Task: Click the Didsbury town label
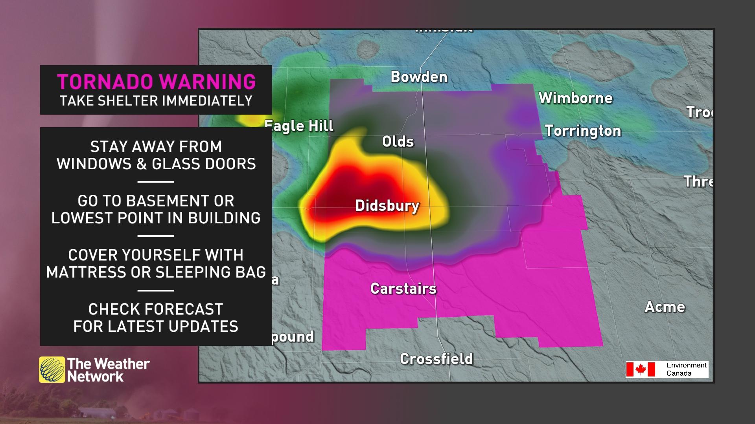387,206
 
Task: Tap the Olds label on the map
398,142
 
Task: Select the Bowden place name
419,77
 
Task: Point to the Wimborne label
575,98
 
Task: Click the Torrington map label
583,131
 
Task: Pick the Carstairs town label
403,289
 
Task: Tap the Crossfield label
436,359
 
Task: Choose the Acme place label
665,307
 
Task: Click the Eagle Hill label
300,126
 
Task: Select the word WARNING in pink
207,82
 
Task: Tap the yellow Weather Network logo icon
52,369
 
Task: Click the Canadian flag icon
641,369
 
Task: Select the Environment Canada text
686,369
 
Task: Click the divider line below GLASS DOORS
156,182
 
